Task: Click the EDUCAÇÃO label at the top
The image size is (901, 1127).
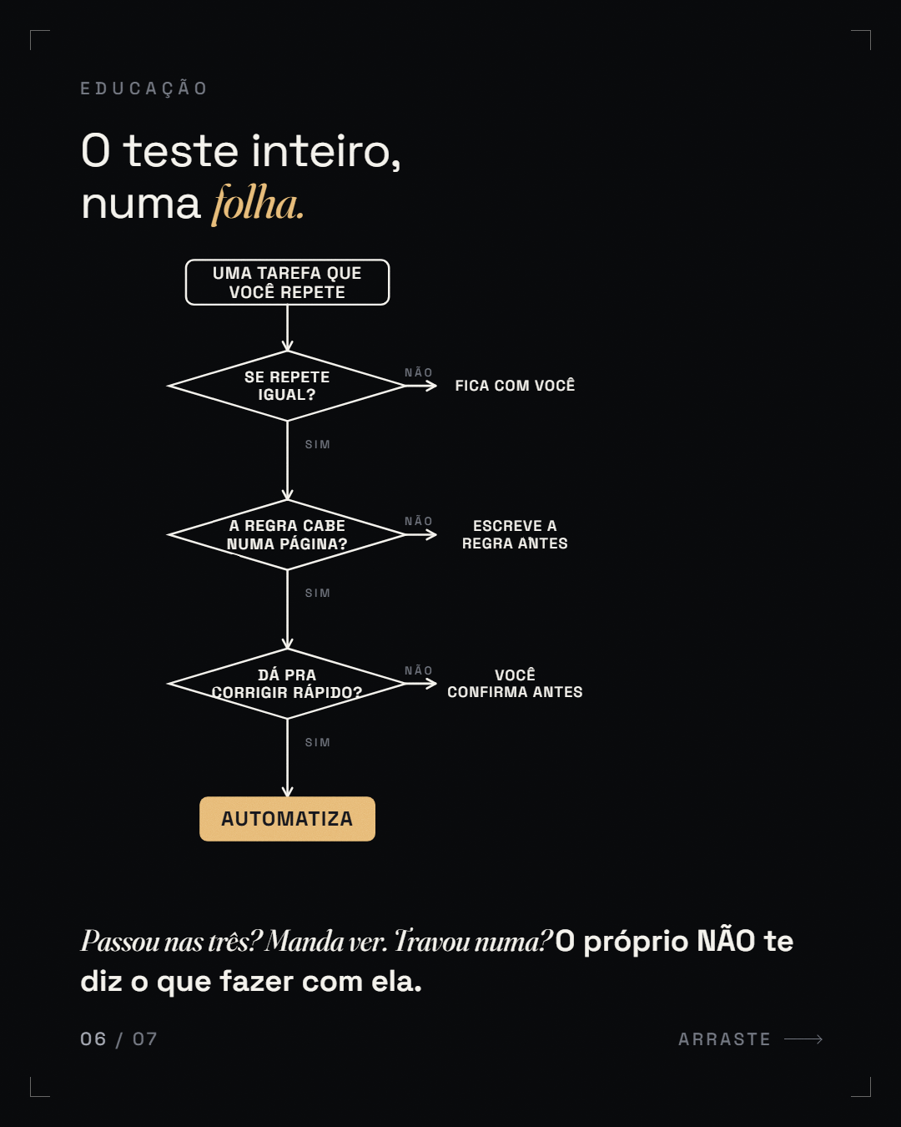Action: (144, 88)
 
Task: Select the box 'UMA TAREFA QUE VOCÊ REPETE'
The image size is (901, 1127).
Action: (288, 282)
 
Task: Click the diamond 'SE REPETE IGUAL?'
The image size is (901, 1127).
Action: (287, 386)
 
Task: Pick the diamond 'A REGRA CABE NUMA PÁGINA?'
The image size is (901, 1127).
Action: (287, 534)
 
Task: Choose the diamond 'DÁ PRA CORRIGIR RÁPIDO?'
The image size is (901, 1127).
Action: (287, 684)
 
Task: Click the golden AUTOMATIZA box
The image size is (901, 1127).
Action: (288, 819)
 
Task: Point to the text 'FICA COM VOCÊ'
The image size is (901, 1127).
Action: (515, 386)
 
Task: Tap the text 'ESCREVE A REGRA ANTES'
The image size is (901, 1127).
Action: (515, 534)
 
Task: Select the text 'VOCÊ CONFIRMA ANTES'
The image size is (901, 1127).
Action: (515, 684)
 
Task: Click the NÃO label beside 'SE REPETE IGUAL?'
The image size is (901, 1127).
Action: (418, 372)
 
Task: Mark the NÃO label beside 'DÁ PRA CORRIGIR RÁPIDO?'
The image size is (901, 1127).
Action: (418, 670)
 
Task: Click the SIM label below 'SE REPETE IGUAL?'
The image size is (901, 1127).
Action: (317, 445)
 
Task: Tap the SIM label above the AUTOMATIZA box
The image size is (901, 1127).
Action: (317, 743)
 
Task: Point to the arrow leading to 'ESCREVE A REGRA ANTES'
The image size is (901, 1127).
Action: (421, 534)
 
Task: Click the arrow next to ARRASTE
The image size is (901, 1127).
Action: (803, 1039)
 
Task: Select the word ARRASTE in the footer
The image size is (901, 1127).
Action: (724, 1039)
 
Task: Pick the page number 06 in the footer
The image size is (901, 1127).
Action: (93, 1039)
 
